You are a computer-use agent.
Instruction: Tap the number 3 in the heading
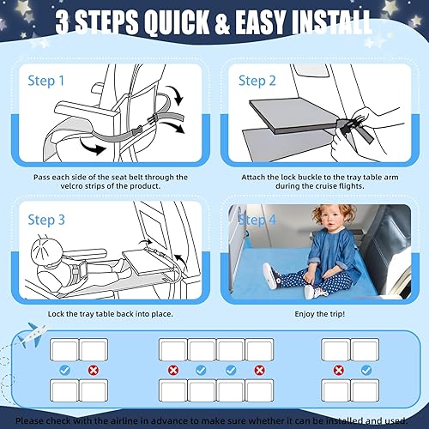click(x=66, y=21)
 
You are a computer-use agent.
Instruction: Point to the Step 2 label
click(x=257, y=81)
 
